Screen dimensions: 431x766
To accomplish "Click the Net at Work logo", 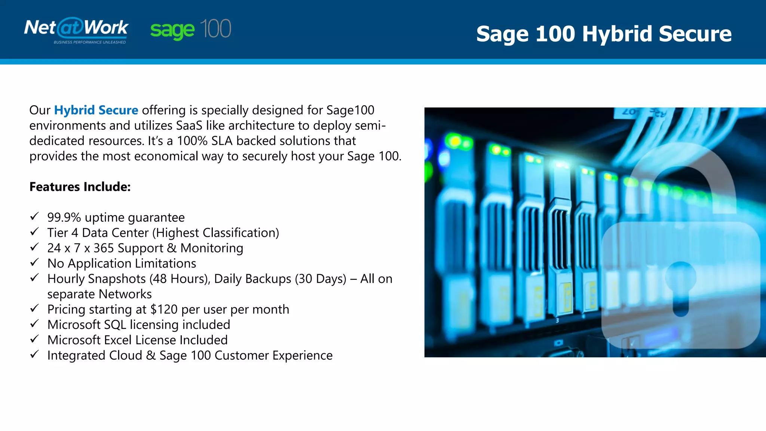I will click(x=76, y=28).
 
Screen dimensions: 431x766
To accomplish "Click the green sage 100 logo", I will click(x=191, y=29).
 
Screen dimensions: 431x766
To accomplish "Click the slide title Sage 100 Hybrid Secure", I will click(x=604, y=34).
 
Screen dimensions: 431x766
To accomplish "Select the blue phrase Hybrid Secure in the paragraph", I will click(x=96, y=110).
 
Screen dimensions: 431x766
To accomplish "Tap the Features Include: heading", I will click(x=80, y=187).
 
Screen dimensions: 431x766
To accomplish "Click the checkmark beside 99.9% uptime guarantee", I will click(x=34, y=217).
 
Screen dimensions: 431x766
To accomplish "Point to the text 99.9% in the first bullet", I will click(x=64, y=217).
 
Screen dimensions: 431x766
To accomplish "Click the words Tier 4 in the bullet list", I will click(x=62, y=233).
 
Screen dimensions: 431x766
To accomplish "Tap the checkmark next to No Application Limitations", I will click(x=34, y=263).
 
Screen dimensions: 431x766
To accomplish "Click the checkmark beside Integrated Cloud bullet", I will click(x=34, y=354).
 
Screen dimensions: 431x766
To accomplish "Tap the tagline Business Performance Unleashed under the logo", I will click(x=90, y=42).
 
